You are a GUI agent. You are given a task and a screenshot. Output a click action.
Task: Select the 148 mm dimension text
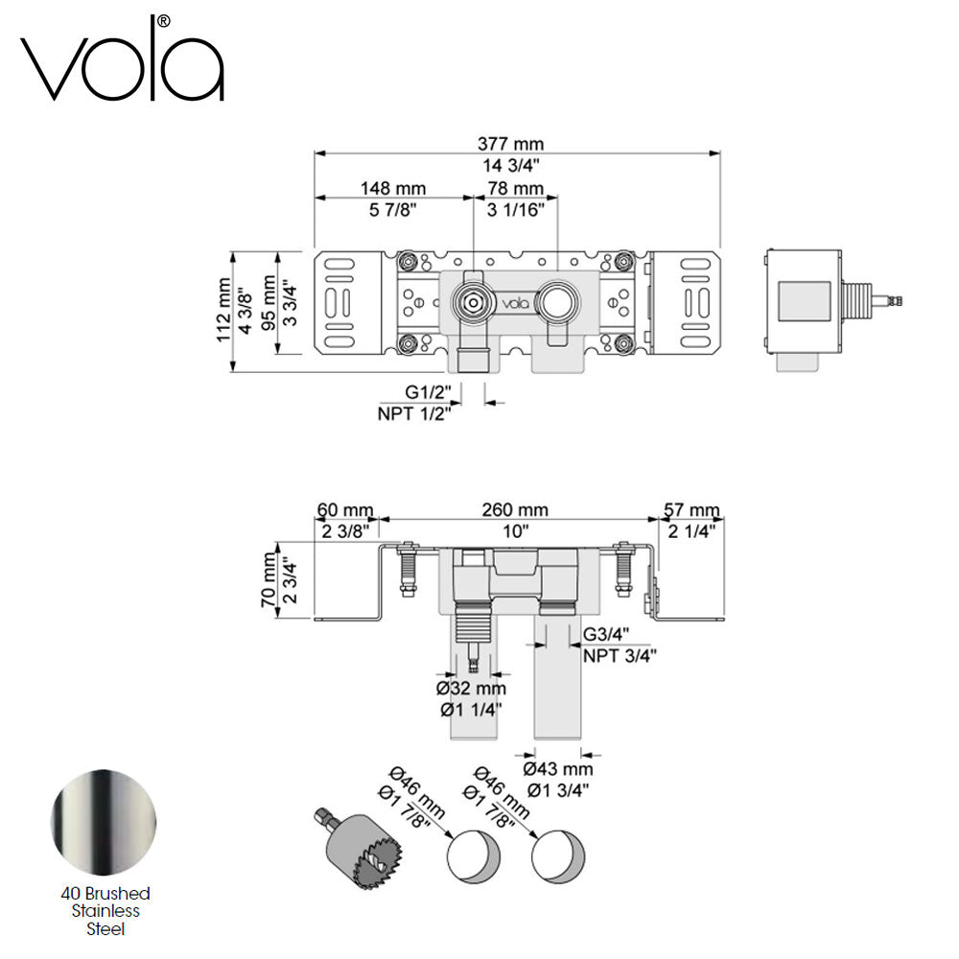pos(393,189)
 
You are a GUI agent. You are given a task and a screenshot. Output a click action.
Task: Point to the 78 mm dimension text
pos(516,189)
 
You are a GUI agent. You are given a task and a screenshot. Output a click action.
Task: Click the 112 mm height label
pos(223,310)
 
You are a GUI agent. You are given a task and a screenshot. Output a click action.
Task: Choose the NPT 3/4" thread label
pos(620,656)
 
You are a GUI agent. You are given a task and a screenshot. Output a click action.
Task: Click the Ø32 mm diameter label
pos(471,689)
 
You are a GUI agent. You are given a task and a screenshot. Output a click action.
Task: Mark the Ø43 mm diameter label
pos(558,769)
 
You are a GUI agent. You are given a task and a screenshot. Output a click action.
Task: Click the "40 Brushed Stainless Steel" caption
pos(103,910)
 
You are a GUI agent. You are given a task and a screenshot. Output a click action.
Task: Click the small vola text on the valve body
pos(516,303)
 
